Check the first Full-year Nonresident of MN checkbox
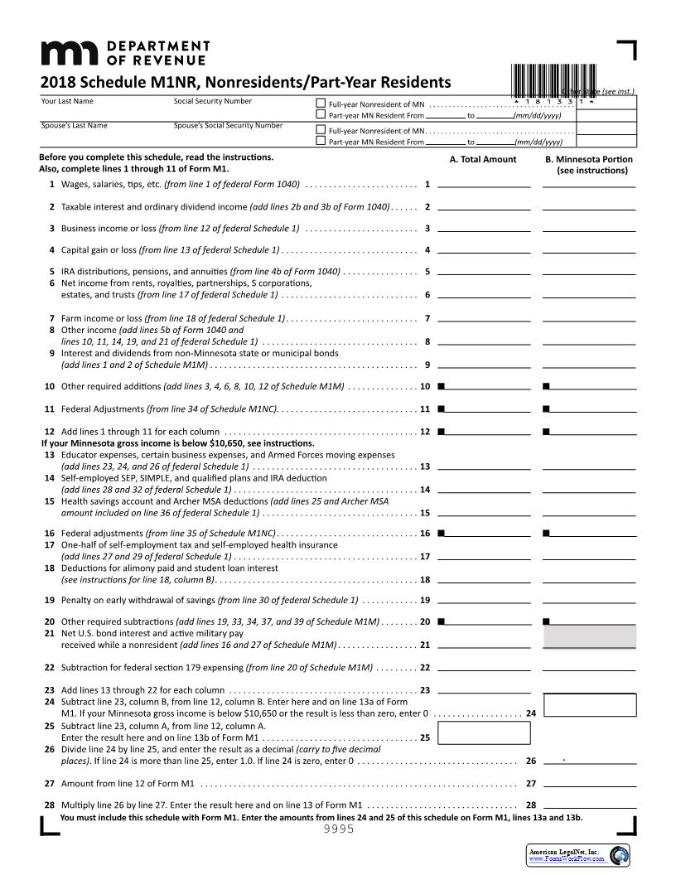click(321, 104)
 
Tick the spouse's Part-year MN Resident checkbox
click(321, 141)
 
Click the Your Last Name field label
click(67, 101)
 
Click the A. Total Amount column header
click(483, 159)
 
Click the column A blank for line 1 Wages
click(484, 183)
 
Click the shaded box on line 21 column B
click(589, 636)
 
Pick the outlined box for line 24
click(591, 705)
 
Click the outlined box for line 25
click(461, 733)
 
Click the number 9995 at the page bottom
click(338, 829)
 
